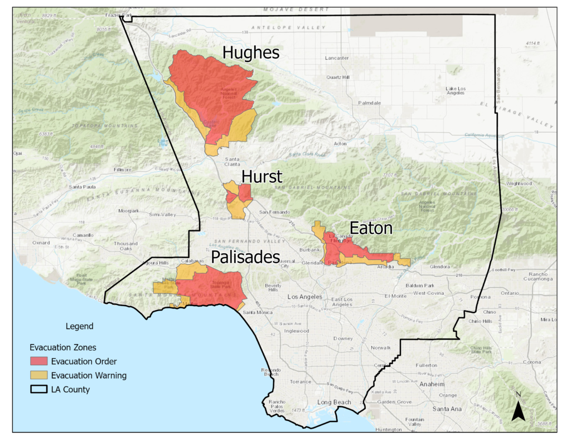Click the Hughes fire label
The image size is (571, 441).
click(x=250, y=52)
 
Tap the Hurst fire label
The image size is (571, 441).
click(x=262, y=177)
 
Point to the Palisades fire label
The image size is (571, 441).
click(x=245, y=257)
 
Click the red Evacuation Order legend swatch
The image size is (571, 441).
click(x=39, y=361)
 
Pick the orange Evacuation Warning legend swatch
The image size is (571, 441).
click(x=39, y=375)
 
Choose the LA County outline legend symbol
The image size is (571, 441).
click(x=39, y=389)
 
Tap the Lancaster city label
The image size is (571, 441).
click(x=337, y=58)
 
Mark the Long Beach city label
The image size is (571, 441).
click(x=335, y=402)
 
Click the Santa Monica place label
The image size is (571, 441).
click(x=257, y=312)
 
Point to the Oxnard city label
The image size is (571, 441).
click(x=41, y=243)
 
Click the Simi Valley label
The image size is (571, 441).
click(x=162, y=215)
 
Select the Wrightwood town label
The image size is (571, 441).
click(x=519, y=183)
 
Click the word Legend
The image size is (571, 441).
click(x=80, y=326)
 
